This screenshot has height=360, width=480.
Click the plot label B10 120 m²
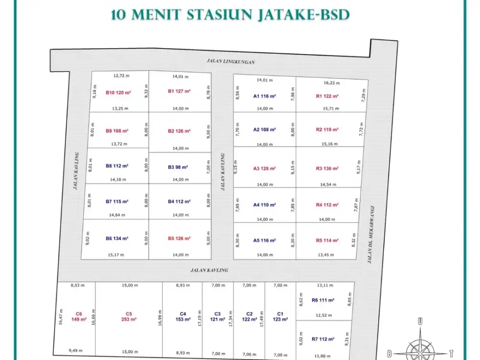119,92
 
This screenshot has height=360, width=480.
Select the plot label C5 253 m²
128,317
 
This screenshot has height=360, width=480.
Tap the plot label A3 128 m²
264,168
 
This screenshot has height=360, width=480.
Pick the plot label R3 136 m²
327,168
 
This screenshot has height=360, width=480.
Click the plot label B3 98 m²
178,167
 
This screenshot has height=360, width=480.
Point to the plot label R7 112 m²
323,339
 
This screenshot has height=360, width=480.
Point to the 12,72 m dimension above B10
121,75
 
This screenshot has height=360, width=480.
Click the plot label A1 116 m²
264,96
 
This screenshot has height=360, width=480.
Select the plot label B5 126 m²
180,238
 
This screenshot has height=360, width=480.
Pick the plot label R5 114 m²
327,240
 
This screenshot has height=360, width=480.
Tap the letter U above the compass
420,322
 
